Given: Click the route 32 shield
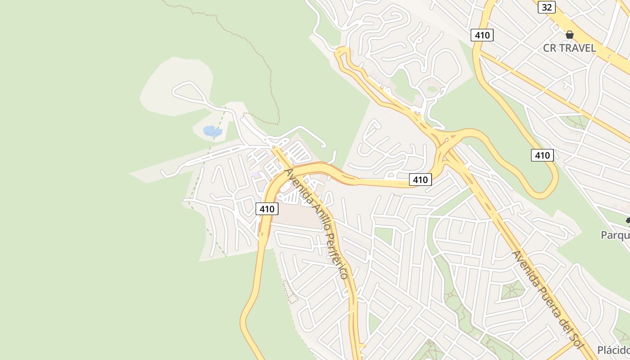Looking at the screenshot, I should point(546,7).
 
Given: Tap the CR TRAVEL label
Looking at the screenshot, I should point(569,48).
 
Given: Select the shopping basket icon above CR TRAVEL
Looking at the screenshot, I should point(570,35).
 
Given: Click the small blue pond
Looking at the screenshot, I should point(212,131).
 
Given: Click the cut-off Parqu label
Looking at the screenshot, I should point(615,235).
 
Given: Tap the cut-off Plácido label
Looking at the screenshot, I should point(613,350).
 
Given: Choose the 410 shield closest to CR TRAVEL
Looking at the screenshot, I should point(482,35).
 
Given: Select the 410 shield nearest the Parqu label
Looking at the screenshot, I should point(542,155).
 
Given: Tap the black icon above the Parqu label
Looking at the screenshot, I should point(628,220).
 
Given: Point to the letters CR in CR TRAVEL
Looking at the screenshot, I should point(550,48).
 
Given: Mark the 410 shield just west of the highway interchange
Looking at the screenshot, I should point(420,180).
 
